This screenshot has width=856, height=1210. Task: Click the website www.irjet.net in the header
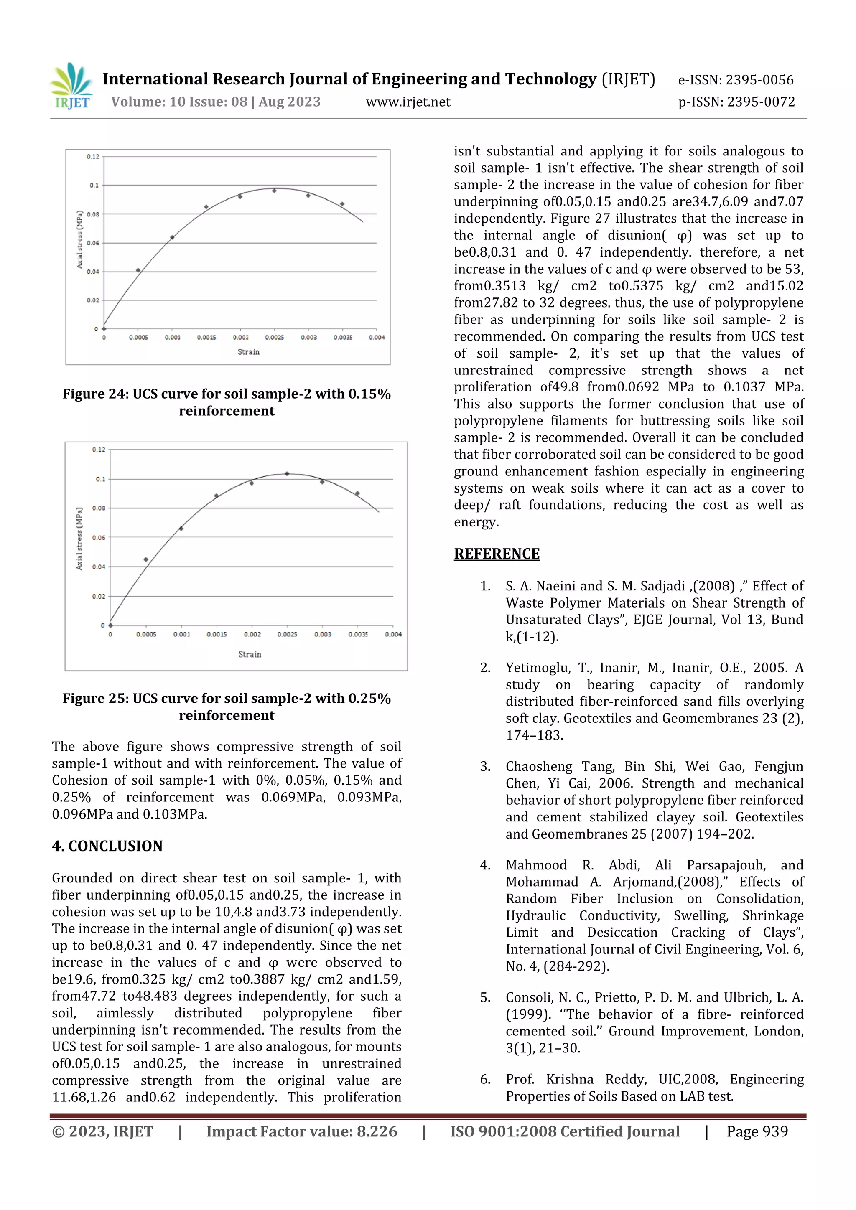click(408, 102)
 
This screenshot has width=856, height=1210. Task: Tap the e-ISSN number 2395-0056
click(759, 80)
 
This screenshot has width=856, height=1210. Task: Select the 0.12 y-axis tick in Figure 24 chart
click(93, 157)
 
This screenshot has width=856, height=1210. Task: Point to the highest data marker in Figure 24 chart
click(274, 191)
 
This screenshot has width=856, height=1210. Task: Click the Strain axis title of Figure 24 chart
click(248, 352)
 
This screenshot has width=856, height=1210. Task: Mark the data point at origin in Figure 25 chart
click(110, 625)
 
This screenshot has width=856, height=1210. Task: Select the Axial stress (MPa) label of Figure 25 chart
click(79, 538)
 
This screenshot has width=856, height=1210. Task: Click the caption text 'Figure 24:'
click(95, 394)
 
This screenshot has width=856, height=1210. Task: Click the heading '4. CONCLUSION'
click(107, 846)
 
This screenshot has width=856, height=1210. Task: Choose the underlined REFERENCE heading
click(497, 554)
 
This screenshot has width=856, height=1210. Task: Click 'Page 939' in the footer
click(757, 1131)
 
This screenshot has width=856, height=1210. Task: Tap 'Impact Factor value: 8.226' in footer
click(301, 1131)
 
